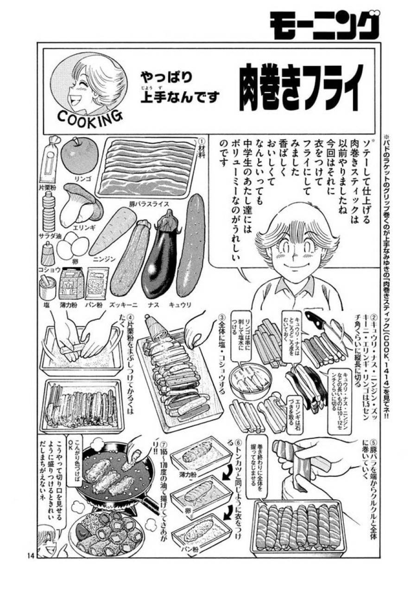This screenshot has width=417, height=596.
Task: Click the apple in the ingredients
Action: [x=79, y=155]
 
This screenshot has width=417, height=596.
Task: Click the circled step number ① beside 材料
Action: [x=201, y=140]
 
